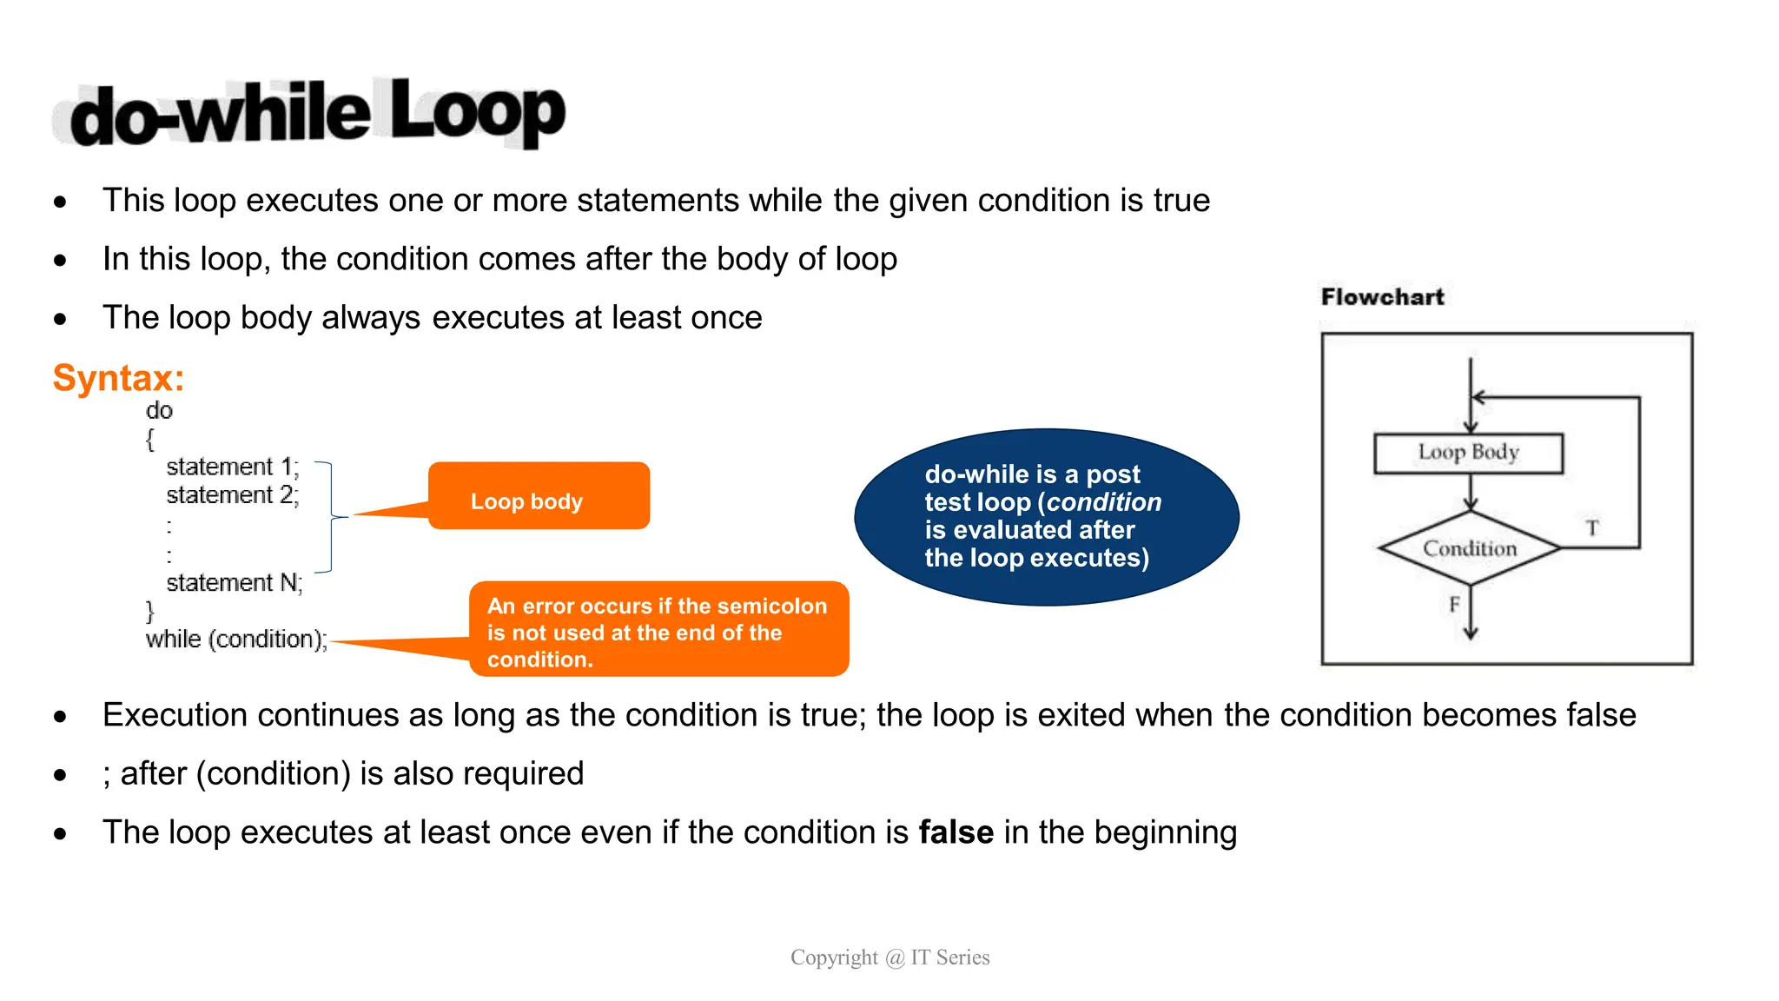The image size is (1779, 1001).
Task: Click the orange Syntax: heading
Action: click(x=118, y=378)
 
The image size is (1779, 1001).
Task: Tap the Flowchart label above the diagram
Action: click(x=1382, y=297)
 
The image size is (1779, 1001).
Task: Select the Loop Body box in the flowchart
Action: click(x=1468, y=453)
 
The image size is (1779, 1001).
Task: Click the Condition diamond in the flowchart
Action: click(x=1469, y=548)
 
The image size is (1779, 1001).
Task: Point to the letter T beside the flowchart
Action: click(x=1592, y=527)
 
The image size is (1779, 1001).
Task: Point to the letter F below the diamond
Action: click(x=1454, y=604)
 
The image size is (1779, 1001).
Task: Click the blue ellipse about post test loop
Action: click(x=1046, y=516)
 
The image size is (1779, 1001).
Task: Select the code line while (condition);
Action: click(x=236, y=640)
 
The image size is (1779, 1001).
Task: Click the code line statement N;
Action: click(x=234, y=582)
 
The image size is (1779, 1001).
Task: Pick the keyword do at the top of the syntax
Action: click(x=159, y=411)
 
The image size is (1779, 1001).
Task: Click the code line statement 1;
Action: click(x=232, y=467)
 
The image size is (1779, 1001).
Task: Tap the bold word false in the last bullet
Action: click(x=956, y=832)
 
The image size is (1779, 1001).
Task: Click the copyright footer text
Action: click(x=889, y=958)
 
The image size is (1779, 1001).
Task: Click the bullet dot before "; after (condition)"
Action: click(x=60, y=774)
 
